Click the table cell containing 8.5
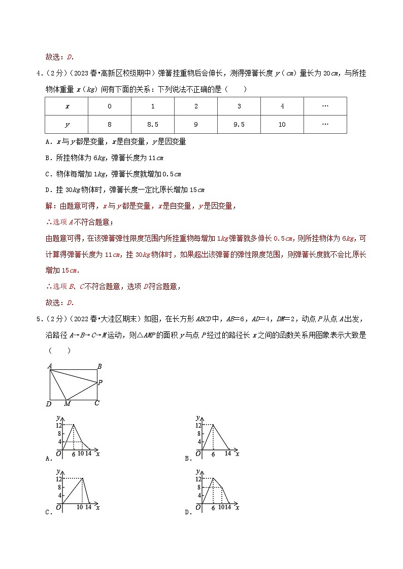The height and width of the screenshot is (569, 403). pos(152,124)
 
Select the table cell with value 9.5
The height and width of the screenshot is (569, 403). pos(239,124)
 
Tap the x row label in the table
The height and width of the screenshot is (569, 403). pos(66,106)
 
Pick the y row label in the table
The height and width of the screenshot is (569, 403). pos(66,124)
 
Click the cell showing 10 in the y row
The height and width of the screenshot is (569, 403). pos(282,124)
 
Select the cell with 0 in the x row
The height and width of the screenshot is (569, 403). pos(109,106)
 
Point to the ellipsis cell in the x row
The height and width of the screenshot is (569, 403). pos(325,106)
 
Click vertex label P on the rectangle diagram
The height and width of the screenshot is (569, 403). pos(100,383)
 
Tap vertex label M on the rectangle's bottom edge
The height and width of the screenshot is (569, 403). pos(67,404)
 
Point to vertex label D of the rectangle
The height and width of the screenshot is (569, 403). pos(49,404)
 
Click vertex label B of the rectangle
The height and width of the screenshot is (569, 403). pos(99,366)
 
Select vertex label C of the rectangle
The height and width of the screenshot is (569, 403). pos(96,403)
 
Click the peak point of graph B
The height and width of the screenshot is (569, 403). pos(213,425)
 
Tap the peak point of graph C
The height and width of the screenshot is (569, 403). pos(82,478)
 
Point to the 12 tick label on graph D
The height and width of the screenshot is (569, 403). pos(198,479)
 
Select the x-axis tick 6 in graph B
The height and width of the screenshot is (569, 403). pos(213,454)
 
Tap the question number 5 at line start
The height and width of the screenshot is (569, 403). pos(38,319)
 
